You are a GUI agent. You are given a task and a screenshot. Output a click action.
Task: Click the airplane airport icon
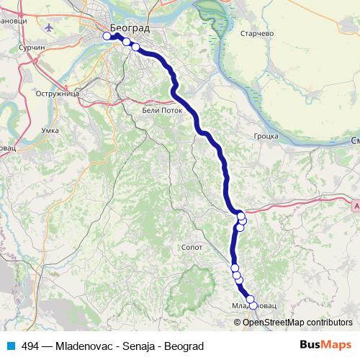48,28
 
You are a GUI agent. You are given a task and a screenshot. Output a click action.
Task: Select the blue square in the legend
11,346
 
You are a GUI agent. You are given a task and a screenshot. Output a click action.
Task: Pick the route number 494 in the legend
31,346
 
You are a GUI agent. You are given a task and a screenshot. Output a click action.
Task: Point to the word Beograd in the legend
184,346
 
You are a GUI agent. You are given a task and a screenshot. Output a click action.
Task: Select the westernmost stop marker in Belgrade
107,36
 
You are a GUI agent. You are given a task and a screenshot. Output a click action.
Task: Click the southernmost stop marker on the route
252,306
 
